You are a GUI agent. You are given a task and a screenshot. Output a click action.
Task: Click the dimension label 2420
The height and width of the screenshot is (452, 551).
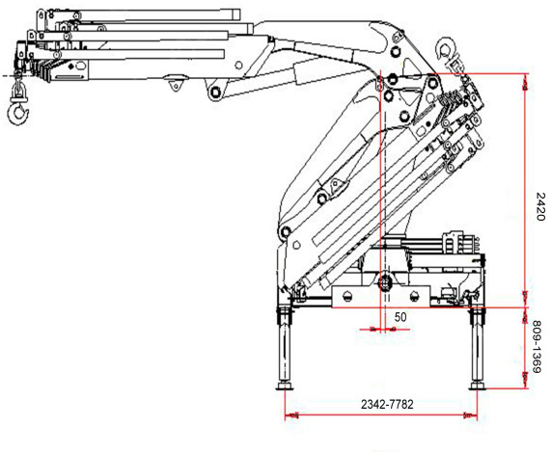[x=540, y=206]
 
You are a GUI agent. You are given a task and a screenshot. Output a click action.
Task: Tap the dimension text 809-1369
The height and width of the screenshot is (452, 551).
[x=538, y=347]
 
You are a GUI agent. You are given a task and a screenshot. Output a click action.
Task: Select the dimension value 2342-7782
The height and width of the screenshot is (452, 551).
[x=387, y=404]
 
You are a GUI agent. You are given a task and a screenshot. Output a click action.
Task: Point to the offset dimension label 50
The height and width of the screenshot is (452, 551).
[x=400, y=317]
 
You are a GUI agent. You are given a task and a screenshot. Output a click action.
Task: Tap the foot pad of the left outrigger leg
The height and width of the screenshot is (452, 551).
[x=285, y=386]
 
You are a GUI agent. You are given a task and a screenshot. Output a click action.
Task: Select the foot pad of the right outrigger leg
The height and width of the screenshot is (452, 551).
[x=478, y=386]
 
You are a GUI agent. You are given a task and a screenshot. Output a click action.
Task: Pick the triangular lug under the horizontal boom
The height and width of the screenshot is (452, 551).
[x=176, y=85]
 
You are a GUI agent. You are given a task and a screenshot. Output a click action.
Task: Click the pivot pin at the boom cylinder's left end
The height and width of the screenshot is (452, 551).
[x=215, y=93]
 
